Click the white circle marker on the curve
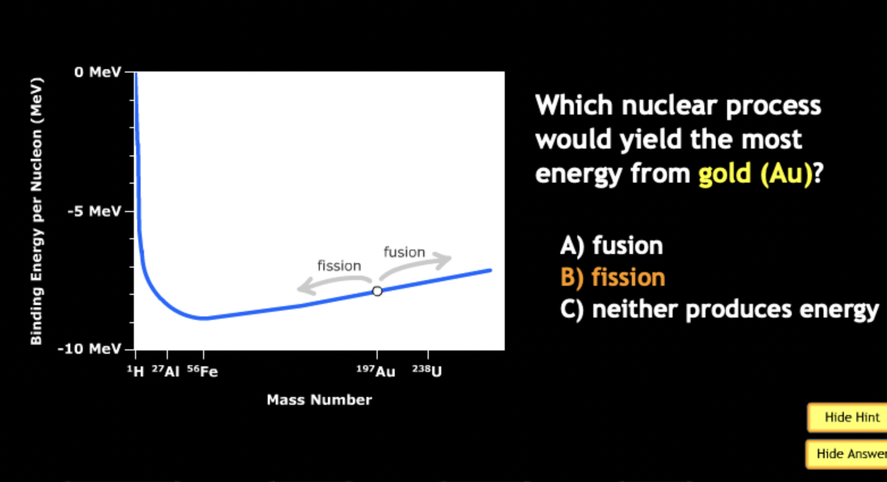point(377,291)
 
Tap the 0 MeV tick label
point(98,73)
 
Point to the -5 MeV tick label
point(94,212)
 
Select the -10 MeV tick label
point(90,349)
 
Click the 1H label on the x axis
point(136,371)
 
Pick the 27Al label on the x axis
point(166,371)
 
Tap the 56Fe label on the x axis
point(202,371)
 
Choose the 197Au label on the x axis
point(376,371)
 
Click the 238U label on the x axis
point(427,371)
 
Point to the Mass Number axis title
point(319,400)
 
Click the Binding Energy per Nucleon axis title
point(36,211)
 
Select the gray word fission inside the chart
point(339,265)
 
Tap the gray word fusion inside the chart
point(404,252)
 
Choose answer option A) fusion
point(611,246)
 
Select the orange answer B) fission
point(613,277)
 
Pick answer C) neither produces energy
point(719,310)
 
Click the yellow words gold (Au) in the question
point(755,174)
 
